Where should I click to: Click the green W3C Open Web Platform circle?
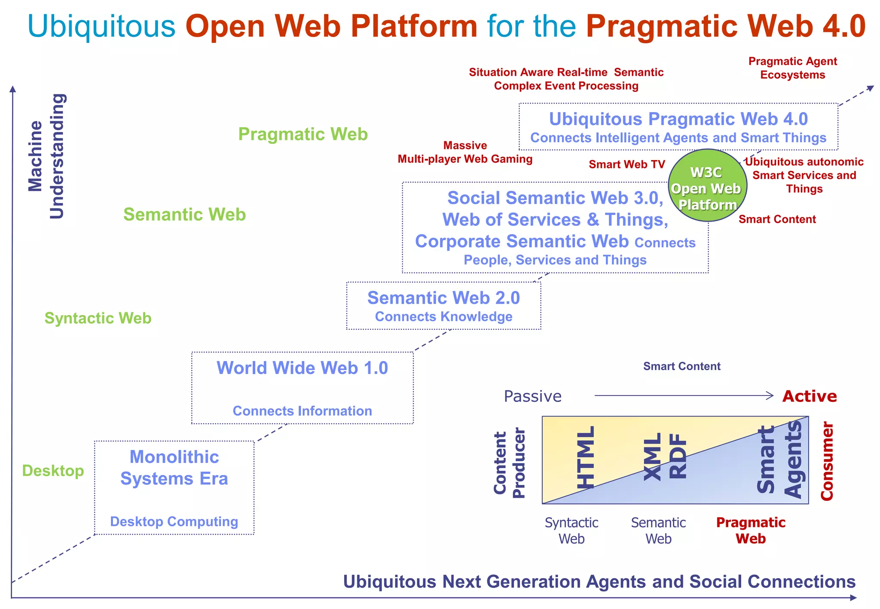click(x=707, y=186)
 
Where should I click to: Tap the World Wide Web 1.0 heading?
click(x=302, y=368)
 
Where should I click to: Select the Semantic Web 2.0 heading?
click(x=443, y=298)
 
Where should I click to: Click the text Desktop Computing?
click(x=174, y=521)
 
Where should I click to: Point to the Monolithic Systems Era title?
click(x=174, y=468)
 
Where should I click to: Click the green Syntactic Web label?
click(x=98, y=318)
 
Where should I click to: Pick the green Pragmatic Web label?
click(x=303, y=134)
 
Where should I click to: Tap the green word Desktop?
click(x=53, y=471)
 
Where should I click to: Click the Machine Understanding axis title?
click(x=46, y=156)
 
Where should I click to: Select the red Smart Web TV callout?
click(x=626, y=164)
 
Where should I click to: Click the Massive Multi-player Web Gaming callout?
click(x=465, y=152)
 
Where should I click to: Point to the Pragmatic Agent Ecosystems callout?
click(x=792, y=68)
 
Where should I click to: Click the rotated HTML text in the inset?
click(x=586, y=457)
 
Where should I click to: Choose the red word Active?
click(x=810, y=396)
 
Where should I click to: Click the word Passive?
click(x=532, y=396)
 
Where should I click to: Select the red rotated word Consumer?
click(x=827, y=461)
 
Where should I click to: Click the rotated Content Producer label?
click(x=509, y=463)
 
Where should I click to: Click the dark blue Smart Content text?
click(x=681, y=366)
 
